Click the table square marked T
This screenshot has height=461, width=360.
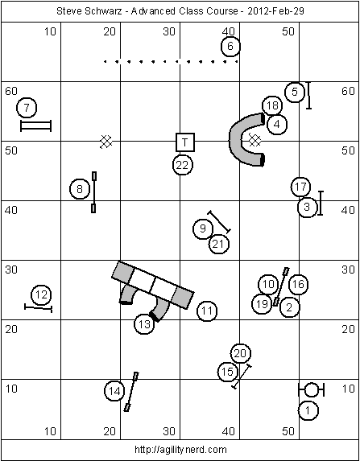185,142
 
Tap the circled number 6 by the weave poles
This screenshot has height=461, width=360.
230,46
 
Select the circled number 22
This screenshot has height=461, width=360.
183,165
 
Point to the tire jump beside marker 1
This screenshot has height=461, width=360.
312,389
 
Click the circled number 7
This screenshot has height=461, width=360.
27,108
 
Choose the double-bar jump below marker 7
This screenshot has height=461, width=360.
36,126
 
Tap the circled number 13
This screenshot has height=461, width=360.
144,324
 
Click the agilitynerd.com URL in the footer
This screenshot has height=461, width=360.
180,450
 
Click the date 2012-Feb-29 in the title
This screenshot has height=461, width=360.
275,11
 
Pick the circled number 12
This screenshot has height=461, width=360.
41,294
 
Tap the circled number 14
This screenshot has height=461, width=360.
114,391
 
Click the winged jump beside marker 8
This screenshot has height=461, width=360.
94,192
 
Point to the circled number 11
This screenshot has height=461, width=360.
207,311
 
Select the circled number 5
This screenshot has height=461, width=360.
295,92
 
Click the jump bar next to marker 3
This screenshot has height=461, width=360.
321,204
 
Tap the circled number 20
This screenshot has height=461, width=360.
241,353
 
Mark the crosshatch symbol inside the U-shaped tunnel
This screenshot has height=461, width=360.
254,140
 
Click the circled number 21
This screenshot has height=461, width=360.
219,244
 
